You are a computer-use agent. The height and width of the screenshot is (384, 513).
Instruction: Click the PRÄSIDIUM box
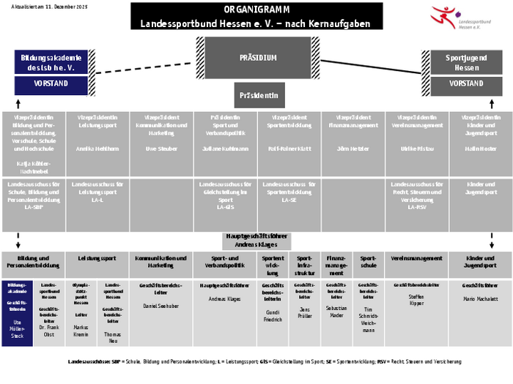click(x=258, y=57)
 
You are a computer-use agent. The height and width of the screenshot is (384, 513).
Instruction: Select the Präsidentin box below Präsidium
click(x=258, y=95)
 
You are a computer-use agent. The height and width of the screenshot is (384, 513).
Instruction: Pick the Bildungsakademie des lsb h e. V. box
click(x=50, y=62)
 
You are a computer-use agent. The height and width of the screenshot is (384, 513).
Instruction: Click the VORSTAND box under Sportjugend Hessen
click(x=466, y=84)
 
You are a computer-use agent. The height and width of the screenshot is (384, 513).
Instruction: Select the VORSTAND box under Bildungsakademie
click(x=51, y=84)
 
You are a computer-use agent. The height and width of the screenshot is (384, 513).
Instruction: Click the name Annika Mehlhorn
click(x=97, y=148)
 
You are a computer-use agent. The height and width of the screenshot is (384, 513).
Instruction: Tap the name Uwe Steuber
click(x=161, y=148)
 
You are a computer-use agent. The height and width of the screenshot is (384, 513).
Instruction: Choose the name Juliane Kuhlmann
click(x=226, y=148)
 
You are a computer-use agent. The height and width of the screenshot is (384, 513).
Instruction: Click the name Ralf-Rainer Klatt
click(x=289, y=148)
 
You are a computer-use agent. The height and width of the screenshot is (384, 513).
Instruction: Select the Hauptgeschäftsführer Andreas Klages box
click(x=257, y=241)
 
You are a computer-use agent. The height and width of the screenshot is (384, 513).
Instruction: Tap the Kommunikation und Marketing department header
click(x=161, y=262)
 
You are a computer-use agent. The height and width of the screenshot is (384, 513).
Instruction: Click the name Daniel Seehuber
click(x=161, y=304)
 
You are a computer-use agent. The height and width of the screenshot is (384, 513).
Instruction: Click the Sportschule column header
click(x=369, y=262)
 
